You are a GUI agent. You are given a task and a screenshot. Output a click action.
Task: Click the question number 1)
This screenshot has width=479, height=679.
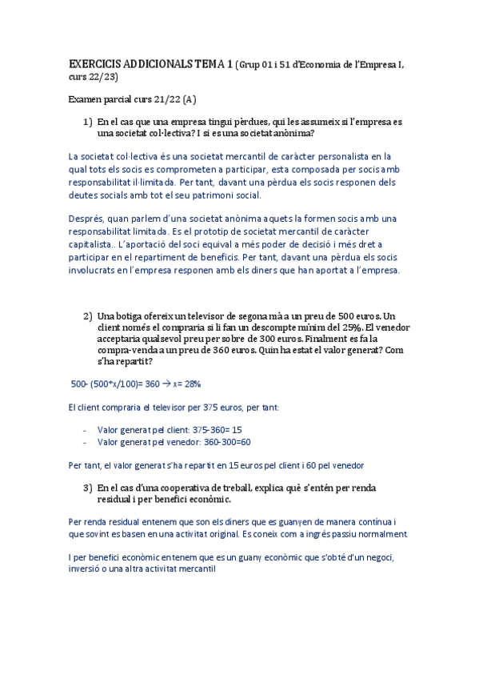88,122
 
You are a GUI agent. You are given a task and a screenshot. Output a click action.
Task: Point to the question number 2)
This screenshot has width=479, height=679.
88,316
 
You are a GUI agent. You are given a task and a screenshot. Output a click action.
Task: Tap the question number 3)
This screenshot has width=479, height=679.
88,487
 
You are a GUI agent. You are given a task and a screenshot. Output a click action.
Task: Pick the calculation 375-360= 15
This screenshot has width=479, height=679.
218,430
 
